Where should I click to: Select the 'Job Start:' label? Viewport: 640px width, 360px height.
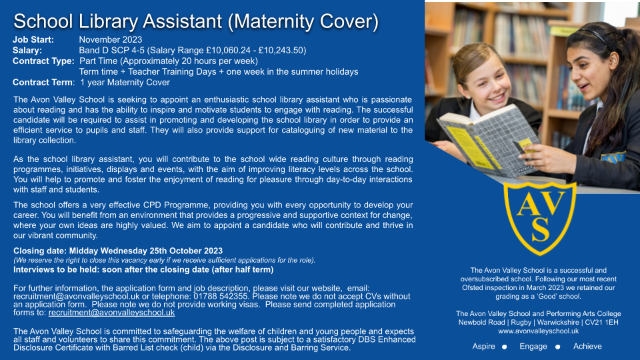tap(33, 39)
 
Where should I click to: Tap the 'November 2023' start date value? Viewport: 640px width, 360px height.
tap(111, 39)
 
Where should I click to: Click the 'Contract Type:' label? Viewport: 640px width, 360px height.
tap(43, 61)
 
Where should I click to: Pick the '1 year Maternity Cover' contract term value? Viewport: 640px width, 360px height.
tap(125, 83)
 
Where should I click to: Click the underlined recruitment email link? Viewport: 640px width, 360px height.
tap(111, 313)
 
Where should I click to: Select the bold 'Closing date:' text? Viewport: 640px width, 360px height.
tap(40, 251)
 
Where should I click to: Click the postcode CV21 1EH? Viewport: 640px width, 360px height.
tap(601, 323)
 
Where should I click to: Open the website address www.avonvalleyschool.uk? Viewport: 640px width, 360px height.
tap(539, 331)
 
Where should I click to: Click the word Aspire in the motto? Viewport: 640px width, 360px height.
tap(484, 347)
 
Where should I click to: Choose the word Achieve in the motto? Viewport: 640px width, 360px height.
tap(587, 347)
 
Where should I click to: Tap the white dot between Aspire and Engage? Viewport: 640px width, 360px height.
tap(505, 347)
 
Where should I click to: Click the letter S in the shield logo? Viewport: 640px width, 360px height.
tap(541, 229)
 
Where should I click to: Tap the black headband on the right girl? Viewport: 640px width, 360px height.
tap(593, 35)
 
